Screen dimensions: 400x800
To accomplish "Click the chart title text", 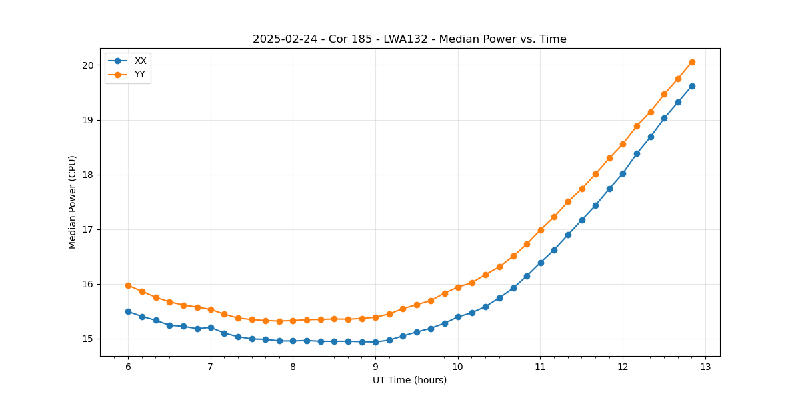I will click(x=409, y=39).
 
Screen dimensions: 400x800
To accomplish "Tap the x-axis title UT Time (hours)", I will click(x=409, y=380).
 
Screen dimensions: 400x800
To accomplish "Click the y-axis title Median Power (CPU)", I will click(x=73, y=202).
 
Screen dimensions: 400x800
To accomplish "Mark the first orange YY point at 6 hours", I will click(x=128, y=285).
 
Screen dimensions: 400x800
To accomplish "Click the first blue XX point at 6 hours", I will click(x=128, y=311).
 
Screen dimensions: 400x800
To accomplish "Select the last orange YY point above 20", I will click(x=692, y=62).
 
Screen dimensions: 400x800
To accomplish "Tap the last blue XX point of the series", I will click(x=692, y=86).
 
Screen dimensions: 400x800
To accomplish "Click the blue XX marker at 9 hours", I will click(x=375, y=342).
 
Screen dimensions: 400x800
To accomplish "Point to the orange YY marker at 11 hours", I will click(x=541, y=230).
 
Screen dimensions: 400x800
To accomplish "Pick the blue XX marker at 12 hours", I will click(x=623, y=173).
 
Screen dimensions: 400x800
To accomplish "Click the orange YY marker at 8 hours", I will click(x=293, y=321).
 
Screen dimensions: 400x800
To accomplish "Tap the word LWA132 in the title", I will click(x=403, y=39).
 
